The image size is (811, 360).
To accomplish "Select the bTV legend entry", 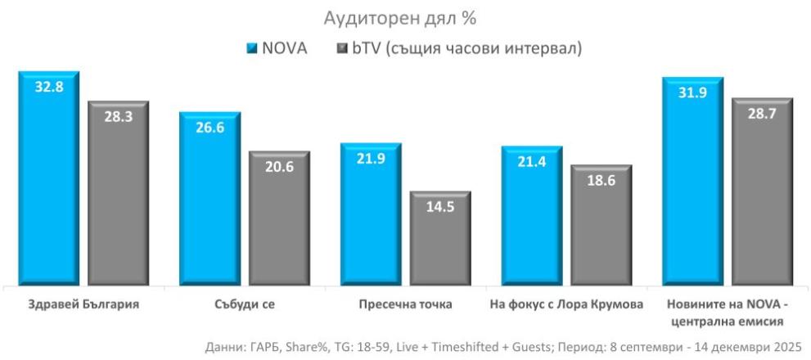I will (458, 49).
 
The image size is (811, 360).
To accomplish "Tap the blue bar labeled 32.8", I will (49, 180).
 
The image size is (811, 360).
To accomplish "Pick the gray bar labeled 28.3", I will (118, 196).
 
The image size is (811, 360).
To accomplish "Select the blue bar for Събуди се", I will (210, 200).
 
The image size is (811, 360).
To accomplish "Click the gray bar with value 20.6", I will (279, 221).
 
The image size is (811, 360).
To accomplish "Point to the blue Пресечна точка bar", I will (370, 217).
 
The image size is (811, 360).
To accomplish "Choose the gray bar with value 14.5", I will (440, 241).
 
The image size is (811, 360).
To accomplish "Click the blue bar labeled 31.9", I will (692, 184).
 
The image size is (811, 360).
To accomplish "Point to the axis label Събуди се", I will (239, 304).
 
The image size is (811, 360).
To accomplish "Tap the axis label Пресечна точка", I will (399, 304).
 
